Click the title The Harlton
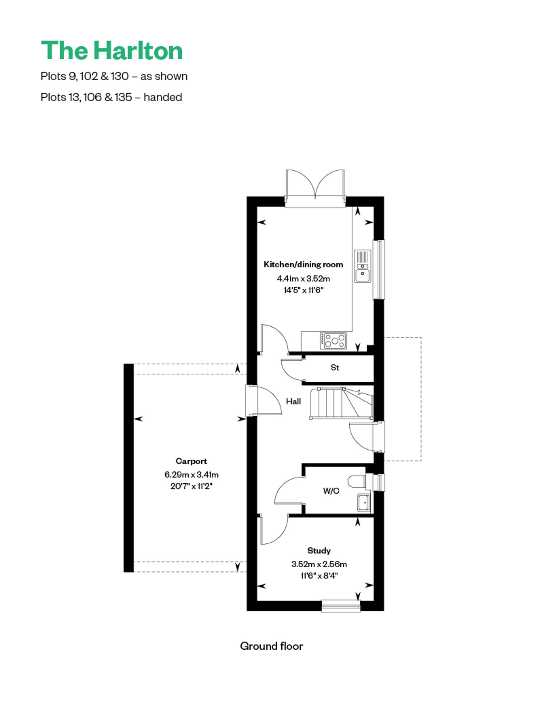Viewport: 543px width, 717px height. [112, 50]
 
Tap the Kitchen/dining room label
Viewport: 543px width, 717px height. [303, 264]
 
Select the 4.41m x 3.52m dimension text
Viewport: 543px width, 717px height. [303, 279]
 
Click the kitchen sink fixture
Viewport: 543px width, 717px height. [362, 266]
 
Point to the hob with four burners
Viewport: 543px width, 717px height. [333, 341]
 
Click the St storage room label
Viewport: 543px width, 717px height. [335, 368]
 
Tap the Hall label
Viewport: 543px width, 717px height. [293, 401]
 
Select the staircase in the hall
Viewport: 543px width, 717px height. [341, 403]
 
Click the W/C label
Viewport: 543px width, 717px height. [331, 491]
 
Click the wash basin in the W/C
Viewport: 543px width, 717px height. [364, 502]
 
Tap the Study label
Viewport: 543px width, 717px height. [319, 551]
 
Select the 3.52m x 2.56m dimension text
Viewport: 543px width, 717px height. [319, 564]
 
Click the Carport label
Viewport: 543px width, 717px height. [191, 461]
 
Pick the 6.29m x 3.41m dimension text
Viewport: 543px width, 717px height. [191, 475]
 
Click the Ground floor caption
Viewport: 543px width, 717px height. [271, 646]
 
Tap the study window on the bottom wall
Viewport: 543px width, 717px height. [341, 606]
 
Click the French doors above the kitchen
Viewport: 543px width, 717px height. [315, 188]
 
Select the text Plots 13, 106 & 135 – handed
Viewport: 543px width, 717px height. [111, 97]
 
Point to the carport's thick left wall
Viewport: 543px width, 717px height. [129, 468]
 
